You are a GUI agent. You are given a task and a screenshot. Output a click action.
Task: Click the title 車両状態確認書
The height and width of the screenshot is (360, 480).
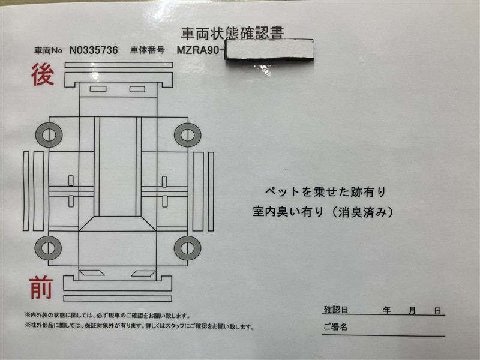pyautogui.click(x=232, y=34)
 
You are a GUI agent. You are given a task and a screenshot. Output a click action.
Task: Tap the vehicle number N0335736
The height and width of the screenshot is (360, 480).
pyautogui.click(x=94, y=50)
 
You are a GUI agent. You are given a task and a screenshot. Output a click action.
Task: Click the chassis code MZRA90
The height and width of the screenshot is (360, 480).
pyautogui.click(x=198, y=50)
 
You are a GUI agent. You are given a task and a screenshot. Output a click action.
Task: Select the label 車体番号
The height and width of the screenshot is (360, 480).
pyautogui.click(x=148, y=50)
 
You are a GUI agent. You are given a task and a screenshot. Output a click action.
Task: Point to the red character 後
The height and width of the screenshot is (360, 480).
pyautogui.click(x=43, y=74)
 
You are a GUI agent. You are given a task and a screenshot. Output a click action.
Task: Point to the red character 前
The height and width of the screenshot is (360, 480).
pyautogui.click(x=41, y=287)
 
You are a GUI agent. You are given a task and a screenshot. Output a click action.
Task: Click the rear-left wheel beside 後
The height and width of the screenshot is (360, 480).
pyautogui.click(x=49, y=134)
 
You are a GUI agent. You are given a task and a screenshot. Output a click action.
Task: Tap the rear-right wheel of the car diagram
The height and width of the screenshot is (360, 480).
pyautogui.click(x=188, y=135)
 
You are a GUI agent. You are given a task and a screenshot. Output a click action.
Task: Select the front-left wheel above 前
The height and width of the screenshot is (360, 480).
pyautogui.click(x=48, y=248)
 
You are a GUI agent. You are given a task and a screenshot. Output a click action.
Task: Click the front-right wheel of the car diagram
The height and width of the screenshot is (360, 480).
pyautogui.click(x=188, y=248)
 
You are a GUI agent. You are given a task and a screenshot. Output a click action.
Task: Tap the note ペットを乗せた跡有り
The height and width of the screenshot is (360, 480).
pyautogui.click(x=325, y=192)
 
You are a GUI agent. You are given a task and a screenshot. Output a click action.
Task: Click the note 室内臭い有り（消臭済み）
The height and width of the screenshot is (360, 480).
pyautogui.click(x=323, y=212)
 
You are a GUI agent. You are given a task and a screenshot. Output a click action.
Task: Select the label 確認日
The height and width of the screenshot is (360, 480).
pyautogui.click(x=336, y=310)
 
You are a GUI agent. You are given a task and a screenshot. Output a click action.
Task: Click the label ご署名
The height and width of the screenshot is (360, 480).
pyautogui.click(x=335, y=326)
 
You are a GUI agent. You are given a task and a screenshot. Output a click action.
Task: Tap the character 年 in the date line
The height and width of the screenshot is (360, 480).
pyautogui.click(x=386, y=310)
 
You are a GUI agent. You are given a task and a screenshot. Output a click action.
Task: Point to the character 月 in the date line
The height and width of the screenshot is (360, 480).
pyautogui.click(x=412, y=310)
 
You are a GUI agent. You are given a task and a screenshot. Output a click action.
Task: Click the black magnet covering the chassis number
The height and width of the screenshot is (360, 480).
pyautogui.click(x=269, y=49)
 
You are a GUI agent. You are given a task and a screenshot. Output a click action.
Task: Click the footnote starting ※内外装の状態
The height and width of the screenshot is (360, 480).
pyautogui.click(x=107, y=316)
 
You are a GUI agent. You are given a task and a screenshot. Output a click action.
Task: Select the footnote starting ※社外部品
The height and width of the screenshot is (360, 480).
pyautogui.click(x=140, y=326)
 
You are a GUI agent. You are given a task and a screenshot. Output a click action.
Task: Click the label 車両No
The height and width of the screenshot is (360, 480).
pyautogui.click(x=48, y=50)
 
